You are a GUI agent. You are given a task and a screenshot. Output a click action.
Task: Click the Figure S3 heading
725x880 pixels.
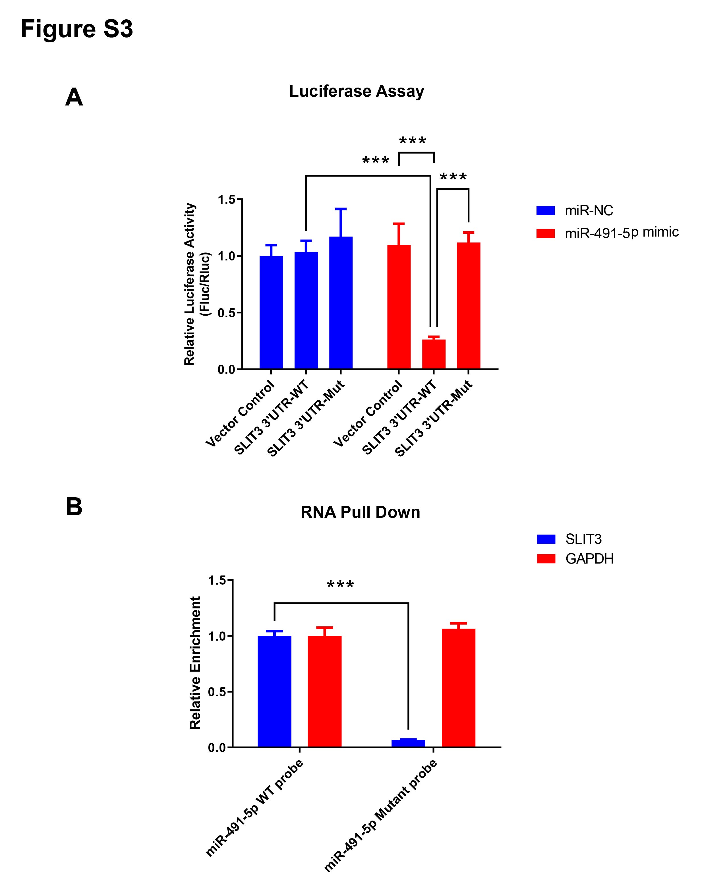pos(76,29)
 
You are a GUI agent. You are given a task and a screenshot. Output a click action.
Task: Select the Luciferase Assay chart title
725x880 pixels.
pos(356,91)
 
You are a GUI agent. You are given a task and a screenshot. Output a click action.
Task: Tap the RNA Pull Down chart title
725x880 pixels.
pos(360,512)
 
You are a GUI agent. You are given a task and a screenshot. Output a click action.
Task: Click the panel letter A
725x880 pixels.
pos(74,97)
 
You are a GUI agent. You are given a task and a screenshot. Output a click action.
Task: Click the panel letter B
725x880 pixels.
pos(74,507)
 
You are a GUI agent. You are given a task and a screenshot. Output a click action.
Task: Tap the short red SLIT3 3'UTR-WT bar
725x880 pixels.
pos(434,354)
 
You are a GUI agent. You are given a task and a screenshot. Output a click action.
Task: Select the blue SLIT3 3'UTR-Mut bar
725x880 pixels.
pos(341,303)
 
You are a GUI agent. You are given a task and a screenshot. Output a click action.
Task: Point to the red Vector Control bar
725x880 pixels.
pos(399,307)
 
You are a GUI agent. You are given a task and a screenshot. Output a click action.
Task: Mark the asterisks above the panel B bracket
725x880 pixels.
pos(340,585)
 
